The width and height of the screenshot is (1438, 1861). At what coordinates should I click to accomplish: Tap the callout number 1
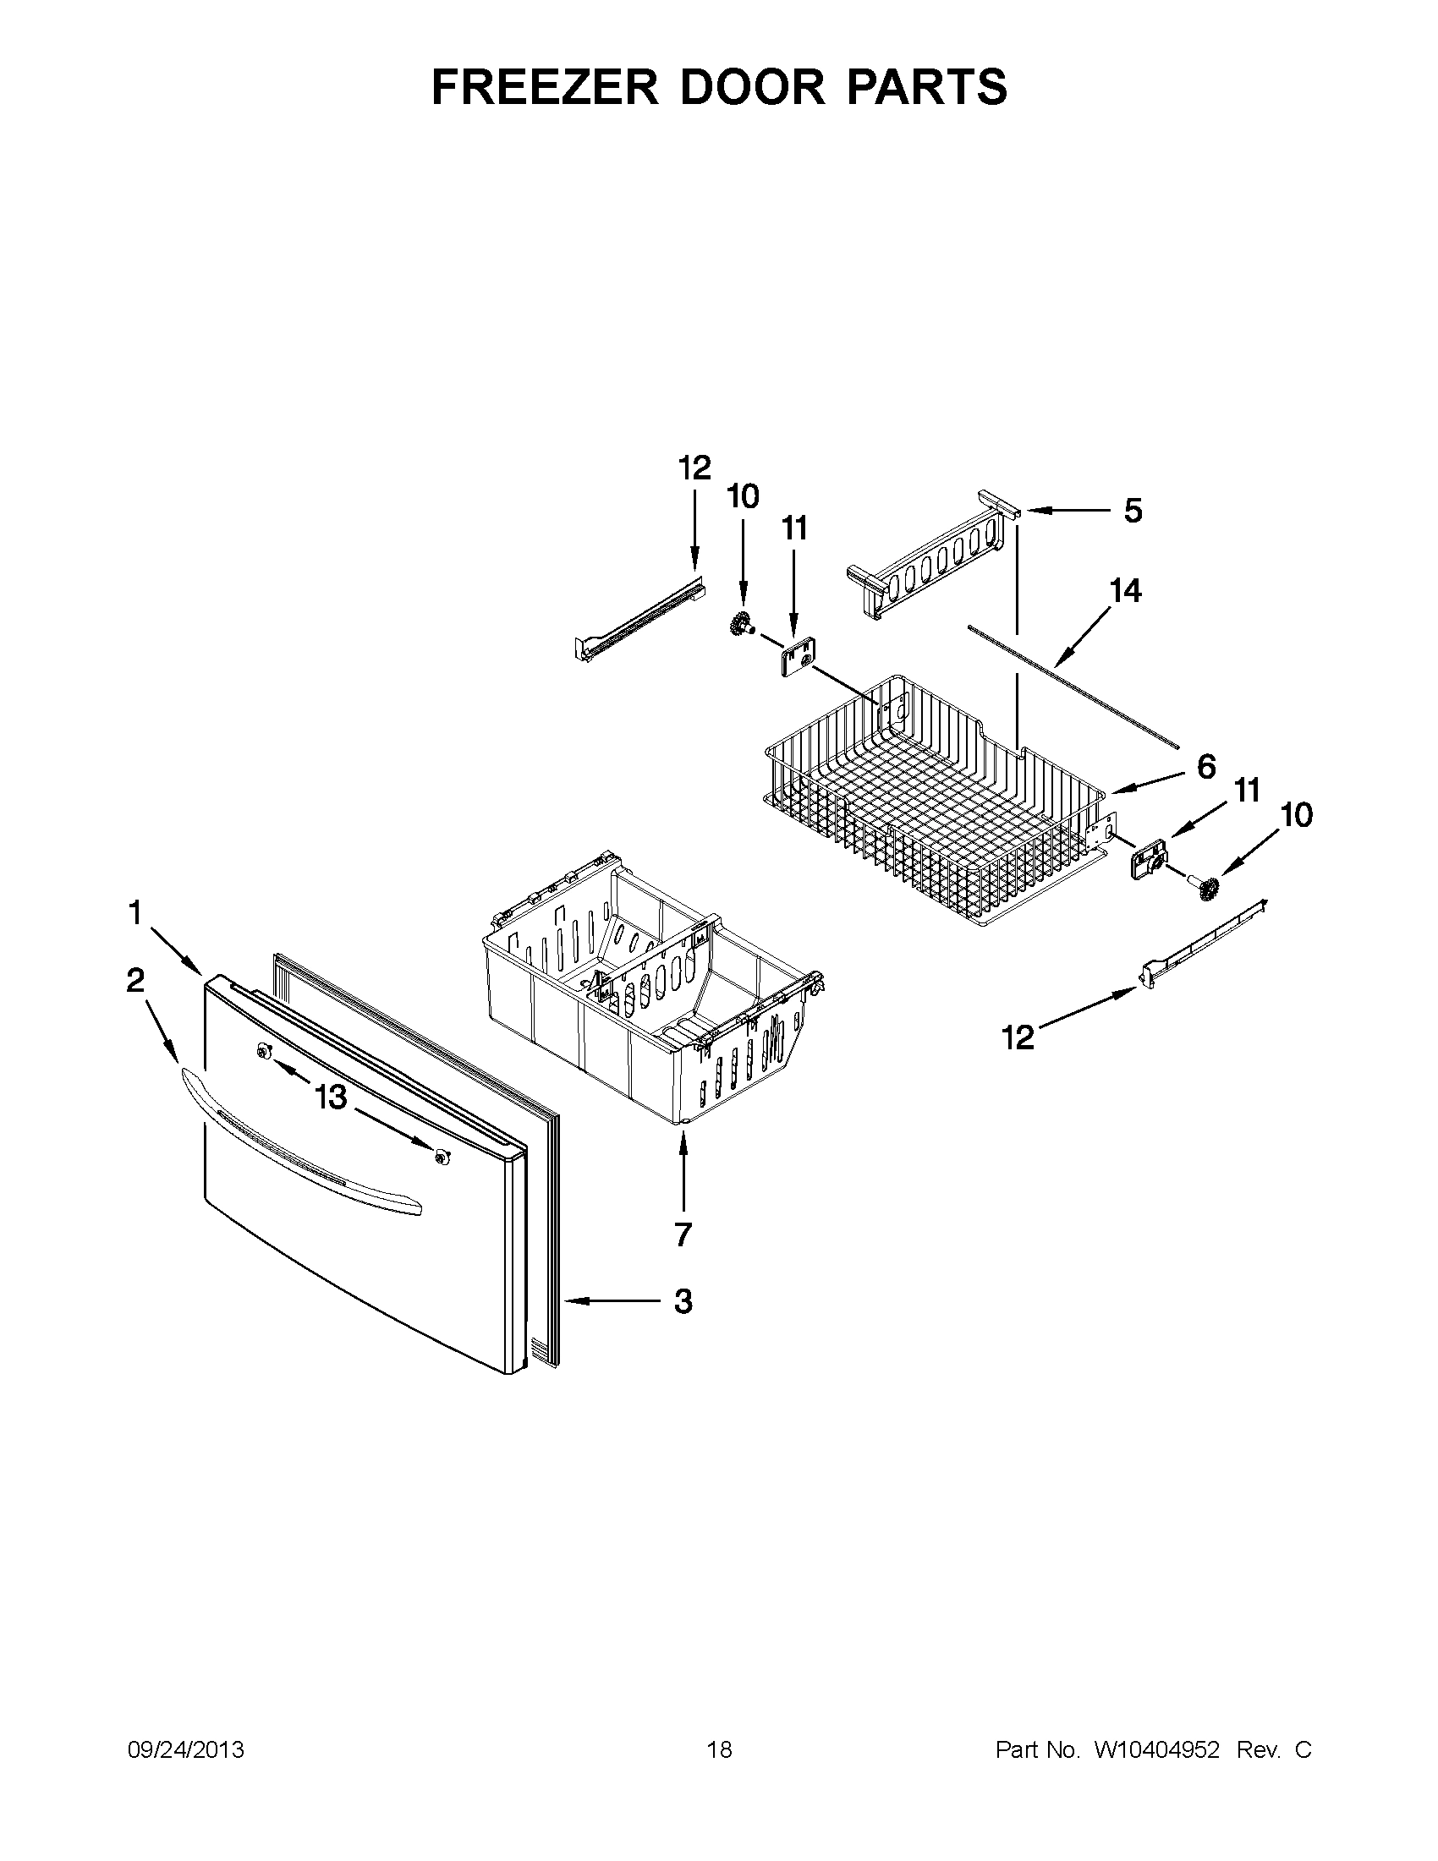(134, 913)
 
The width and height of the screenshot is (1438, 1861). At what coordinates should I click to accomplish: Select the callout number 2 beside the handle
(134, 982)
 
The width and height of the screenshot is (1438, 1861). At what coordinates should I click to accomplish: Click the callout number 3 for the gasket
(683, 1301)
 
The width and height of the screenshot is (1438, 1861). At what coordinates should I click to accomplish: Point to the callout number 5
(1132, 512)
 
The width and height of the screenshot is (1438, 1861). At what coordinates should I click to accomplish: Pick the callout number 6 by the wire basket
(1205, 767)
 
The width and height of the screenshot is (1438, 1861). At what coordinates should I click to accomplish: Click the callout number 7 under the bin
(683, 1234)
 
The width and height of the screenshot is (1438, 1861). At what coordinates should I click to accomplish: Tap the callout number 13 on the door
(331, 1098)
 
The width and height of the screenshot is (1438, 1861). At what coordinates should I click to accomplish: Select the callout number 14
(1125, 590)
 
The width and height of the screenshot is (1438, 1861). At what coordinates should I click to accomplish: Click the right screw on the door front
(441, 1157)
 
